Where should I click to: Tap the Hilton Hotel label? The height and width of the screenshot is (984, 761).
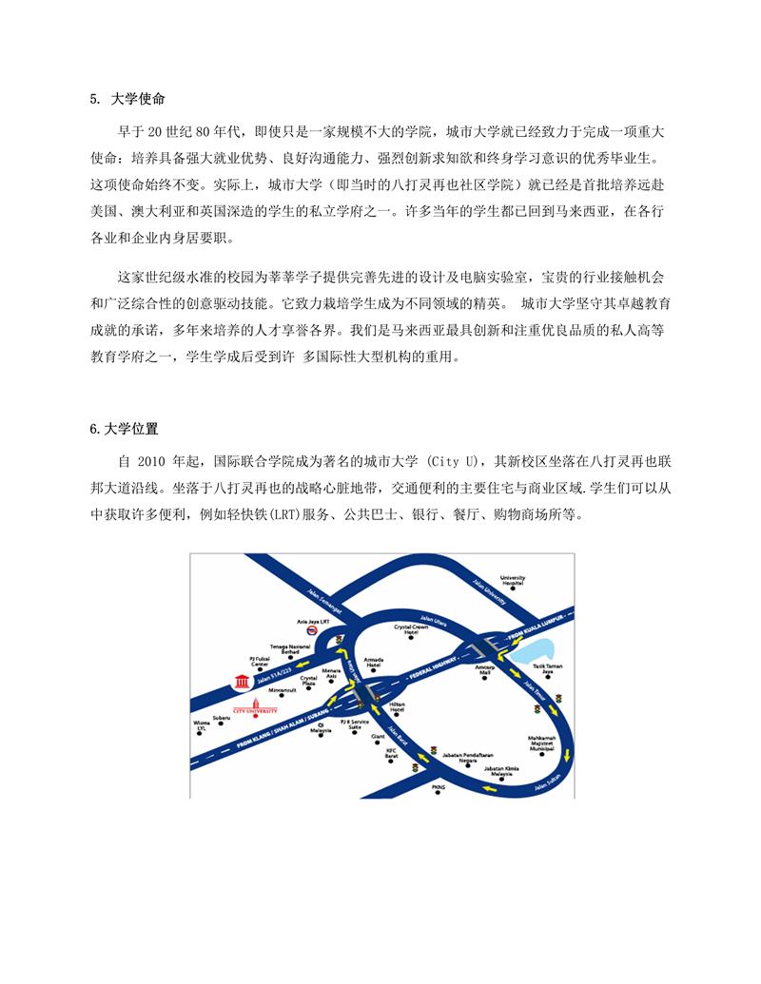point(397,708)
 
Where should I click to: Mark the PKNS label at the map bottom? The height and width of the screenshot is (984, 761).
point(438,788)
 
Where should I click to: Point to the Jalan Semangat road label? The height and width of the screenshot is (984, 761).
point(324,599)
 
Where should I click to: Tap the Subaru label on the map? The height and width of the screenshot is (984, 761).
point(222,718)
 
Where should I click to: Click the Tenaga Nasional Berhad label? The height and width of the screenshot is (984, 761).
point(290,649)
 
